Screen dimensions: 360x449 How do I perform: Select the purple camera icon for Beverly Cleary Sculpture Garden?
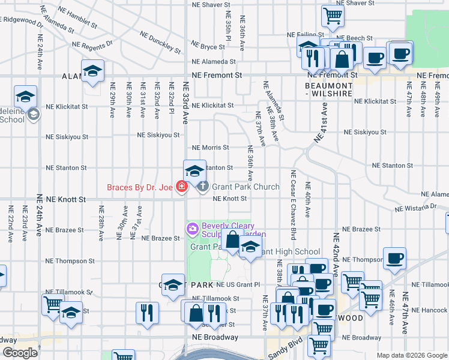[191, 228]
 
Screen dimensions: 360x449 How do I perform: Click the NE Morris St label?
[210, 148]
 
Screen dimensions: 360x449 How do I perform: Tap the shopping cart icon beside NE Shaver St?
[332, 16]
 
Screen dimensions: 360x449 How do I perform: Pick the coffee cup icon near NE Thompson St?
[394, 259]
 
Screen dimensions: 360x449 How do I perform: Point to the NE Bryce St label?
[208, 46]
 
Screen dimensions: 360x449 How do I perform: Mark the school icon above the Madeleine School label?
[26, 97]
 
